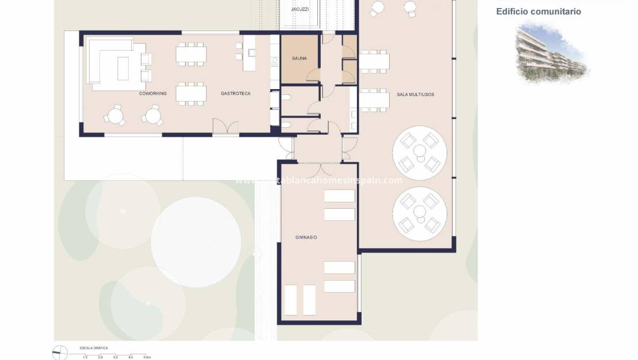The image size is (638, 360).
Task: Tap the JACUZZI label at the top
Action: pos(300,9)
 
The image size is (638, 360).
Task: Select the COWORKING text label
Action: pos(152,93)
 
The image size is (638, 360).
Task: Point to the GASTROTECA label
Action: pos(236,93)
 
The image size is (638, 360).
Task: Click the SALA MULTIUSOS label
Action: pos(415,94)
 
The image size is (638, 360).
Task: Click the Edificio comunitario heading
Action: pos(539,12)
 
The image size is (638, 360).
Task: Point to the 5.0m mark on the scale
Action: pos(147,358)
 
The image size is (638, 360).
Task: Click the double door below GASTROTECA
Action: pos(225,127)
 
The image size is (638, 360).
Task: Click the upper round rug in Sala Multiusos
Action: pos(420,152)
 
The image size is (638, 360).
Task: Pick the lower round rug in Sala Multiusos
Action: pos(420,213)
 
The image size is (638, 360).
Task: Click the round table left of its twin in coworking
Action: pos(114,116)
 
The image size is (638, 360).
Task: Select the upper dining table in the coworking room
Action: pos(191,54)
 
